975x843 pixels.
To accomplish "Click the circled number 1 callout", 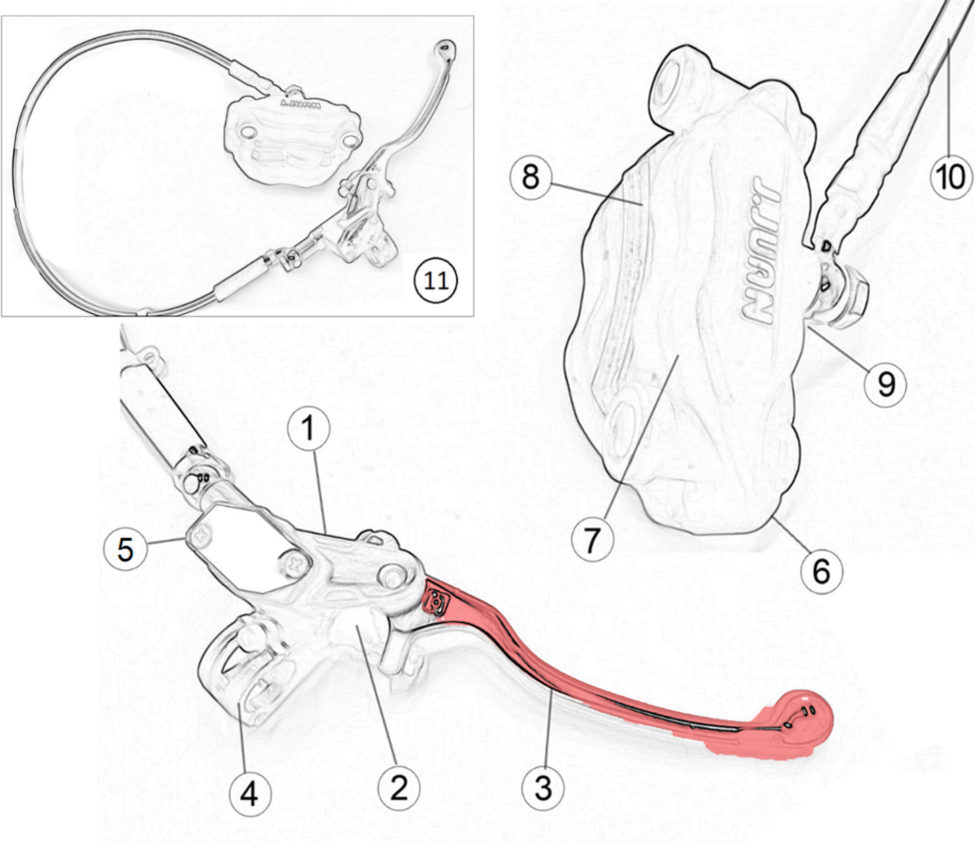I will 308,428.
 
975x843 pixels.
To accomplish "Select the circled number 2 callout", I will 399,787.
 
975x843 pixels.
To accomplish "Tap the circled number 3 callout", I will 543,787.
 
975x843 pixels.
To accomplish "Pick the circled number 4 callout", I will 249,794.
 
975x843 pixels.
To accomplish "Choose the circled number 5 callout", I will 126,549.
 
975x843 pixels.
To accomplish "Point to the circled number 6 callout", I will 820,573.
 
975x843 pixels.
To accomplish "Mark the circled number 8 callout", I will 530,177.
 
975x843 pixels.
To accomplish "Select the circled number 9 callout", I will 885,384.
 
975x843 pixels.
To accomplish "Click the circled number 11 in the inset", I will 435,281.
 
